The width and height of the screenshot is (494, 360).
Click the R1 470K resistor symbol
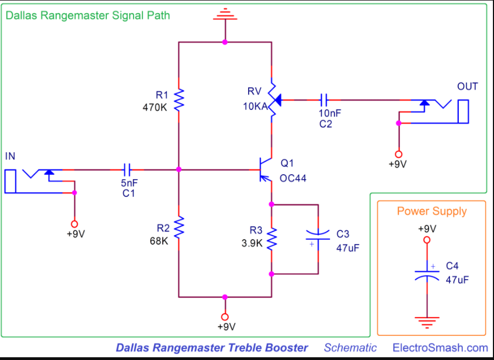179,100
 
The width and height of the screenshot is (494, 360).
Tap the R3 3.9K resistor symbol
271,239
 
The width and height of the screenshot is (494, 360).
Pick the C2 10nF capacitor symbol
325,99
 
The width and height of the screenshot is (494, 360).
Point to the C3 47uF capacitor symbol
318,239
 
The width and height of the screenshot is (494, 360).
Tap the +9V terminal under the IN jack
75,224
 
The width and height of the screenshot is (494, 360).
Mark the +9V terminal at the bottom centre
224,317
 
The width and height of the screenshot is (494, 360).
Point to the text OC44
293,178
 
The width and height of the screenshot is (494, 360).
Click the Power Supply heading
431,212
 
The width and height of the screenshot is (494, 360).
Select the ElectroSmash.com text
440,347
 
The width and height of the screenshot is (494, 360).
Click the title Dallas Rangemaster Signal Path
88,15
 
